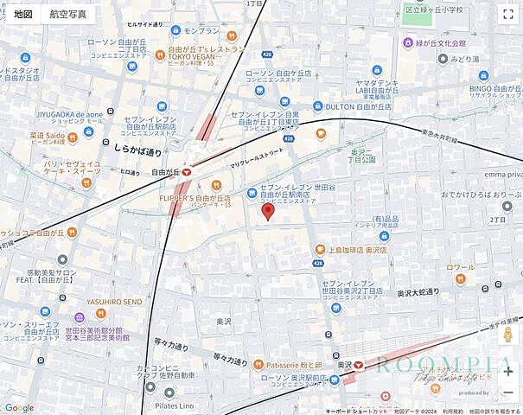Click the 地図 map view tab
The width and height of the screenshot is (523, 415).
click(23, 14)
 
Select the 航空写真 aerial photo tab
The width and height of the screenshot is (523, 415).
click(68, 14)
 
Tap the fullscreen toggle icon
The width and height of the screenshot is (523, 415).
click(507, 14)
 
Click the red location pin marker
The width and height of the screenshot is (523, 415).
click(268, 213)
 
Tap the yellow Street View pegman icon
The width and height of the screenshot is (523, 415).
click(507, 335)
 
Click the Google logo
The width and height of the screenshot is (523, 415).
click(19, 407)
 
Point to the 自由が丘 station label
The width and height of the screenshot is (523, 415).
click(164, 172)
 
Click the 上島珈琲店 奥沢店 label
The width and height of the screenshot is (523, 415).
click(350, 249)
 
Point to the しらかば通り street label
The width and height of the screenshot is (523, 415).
click(113, 151)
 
